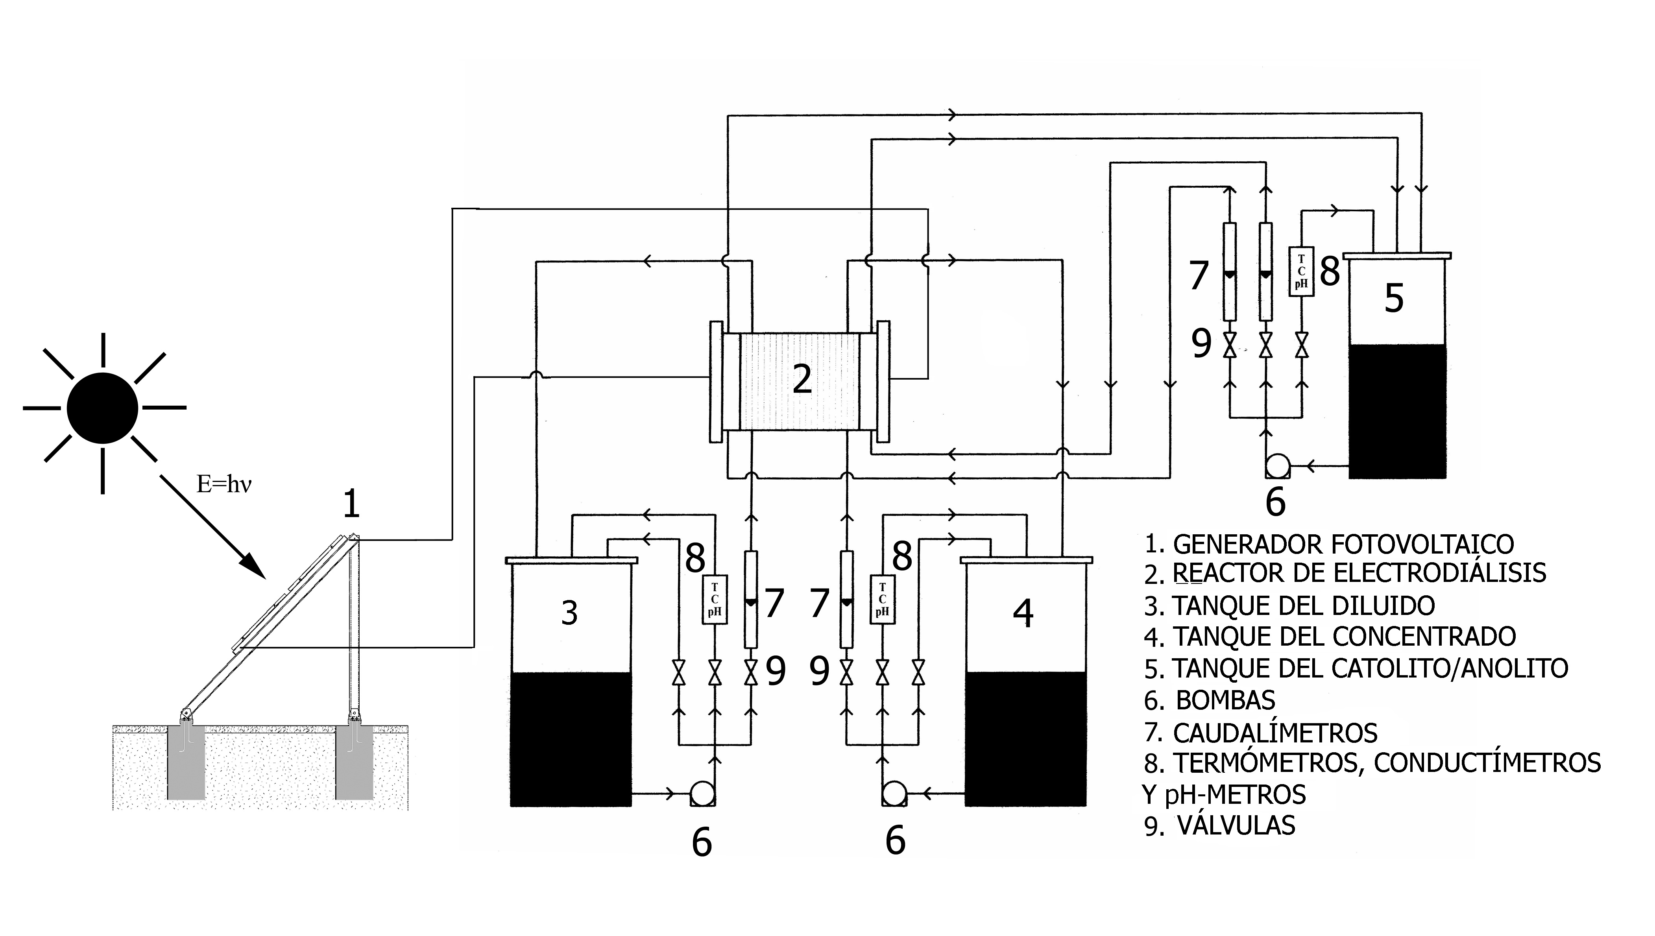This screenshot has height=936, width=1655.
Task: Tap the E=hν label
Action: click(223, 484)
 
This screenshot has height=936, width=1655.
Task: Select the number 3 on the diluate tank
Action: click(569, 613)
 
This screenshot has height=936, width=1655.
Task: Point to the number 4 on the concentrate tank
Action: click(1023, 613)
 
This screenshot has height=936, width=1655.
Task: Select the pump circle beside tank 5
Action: click(1277, 465)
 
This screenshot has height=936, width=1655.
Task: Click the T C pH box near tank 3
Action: click(715, 600)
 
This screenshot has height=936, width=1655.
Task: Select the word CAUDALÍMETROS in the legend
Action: click(1275, 733)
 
